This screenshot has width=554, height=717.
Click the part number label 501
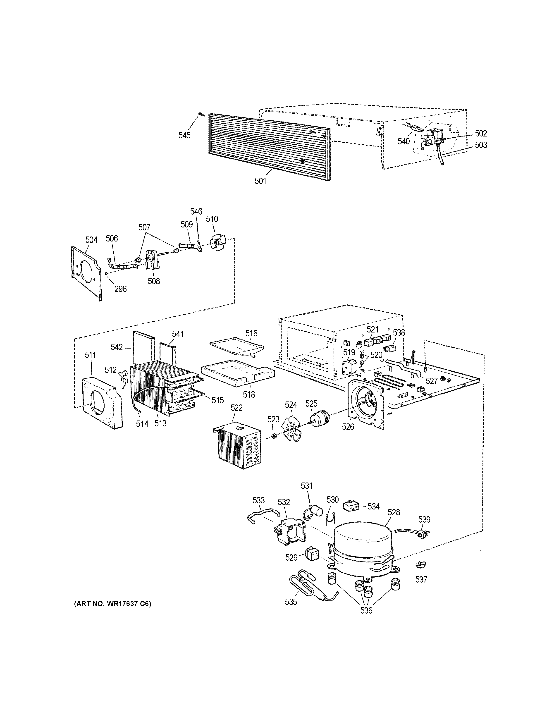pos(260,181)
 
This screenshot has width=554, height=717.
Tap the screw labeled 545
pos(201,115)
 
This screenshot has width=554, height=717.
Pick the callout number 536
pos(366,610)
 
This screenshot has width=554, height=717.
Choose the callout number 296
pos(120,289)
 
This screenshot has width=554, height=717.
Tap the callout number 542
pos(117,347)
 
